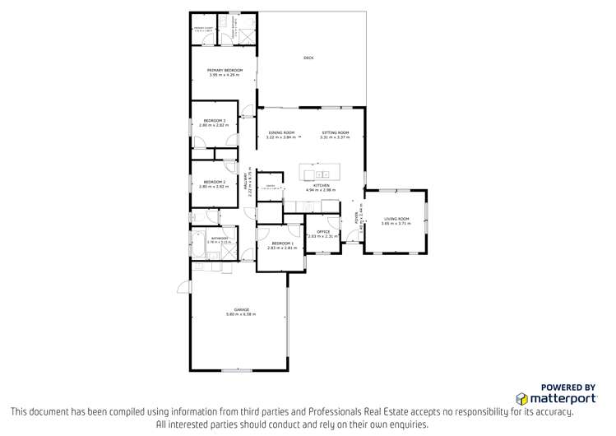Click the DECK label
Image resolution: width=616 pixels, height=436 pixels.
308,58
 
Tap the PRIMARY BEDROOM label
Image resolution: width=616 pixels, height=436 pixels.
225,71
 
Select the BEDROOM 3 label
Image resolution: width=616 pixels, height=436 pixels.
214,121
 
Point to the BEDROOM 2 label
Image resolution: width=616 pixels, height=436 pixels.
214,181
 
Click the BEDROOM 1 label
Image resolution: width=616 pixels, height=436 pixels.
281,243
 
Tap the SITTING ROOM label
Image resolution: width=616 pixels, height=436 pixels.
335,132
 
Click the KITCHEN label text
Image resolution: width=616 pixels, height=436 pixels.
322,186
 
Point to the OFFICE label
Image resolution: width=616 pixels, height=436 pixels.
323,232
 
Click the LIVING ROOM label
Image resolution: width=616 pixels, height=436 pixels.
396,219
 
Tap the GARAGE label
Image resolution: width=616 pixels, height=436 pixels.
242,309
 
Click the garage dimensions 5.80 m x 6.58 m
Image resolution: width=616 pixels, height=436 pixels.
242,314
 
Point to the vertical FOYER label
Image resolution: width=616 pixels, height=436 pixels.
356,218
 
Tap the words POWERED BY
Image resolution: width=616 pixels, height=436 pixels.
567,387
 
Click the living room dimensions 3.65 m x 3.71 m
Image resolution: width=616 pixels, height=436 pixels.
396,224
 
